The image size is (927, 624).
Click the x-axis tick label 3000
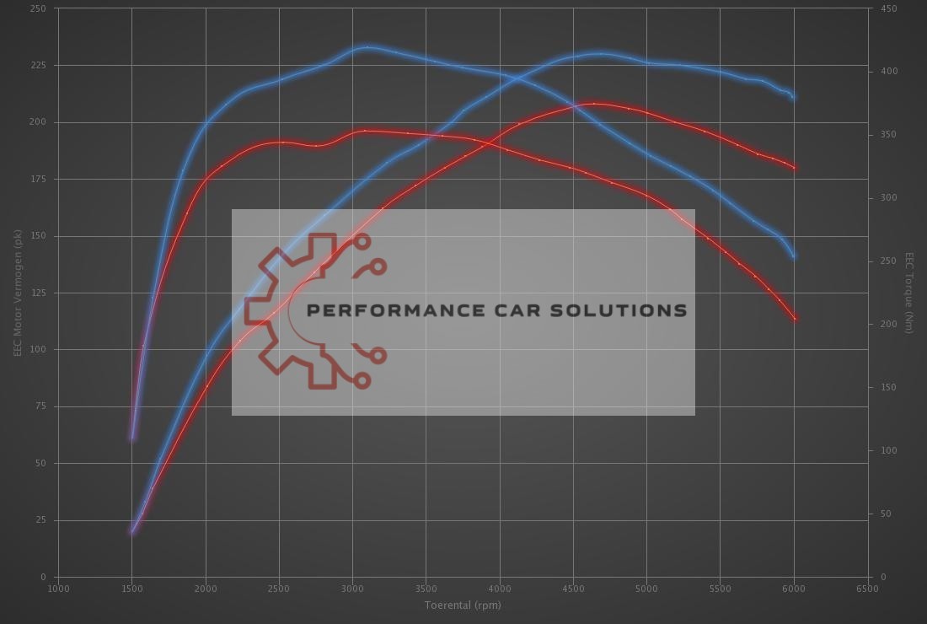click(352, 589)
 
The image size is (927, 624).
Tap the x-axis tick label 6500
click(867, 589)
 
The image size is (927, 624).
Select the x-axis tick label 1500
click(131, 589)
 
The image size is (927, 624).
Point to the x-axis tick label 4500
click(573, 589)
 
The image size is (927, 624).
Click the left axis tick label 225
click(39, 65)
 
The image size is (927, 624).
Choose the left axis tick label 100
click(39, 349)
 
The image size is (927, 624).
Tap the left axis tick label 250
click(39, 8)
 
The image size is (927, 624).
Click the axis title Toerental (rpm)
click(463, 605)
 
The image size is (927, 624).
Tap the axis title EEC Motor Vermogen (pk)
click(17, 293)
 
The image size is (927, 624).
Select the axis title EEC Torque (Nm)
click(909, 293)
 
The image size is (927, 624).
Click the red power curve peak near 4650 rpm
click(595, 104)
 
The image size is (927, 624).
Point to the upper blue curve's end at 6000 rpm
click(793, 97)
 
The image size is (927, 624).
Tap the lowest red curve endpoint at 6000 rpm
click(795, 319)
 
